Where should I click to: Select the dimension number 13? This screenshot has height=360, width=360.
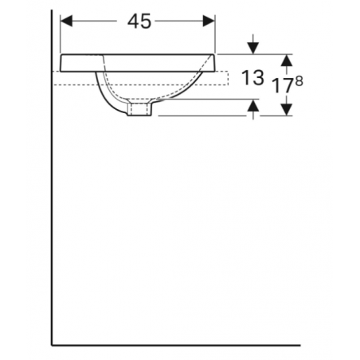[252, 78]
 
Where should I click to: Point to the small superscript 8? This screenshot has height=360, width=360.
[298, 78]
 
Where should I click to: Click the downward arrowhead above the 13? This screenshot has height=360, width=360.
[253, 47]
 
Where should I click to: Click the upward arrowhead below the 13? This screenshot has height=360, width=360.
[253, 107]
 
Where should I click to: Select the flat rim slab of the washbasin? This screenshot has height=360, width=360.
[135, 61]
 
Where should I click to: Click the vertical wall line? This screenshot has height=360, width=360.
[52, 199]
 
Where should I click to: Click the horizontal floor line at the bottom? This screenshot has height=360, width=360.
[175, 346]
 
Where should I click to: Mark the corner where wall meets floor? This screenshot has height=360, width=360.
[52, 346]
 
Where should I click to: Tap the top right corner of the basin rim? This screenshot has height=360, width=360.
[216, 54]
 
